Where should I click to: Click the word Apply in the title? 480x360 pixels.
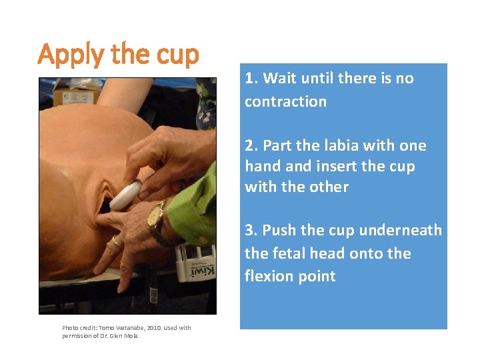[71, 55]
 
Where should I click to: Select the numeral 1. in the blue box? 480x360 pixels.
[251, 78]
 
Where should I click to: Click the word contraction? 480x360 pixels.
[285, 101]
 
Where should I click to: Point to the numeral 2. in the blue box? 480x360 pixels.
[252, 145]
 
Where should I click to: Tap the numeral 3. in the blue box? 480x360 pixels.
[251, 230]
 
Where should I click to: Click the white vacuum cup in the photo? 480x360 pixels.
[125, 195]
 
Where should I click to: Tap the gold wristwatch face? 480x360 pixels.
[156, 214]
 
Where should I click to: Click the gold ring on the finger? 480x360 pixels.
[117, 243]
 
